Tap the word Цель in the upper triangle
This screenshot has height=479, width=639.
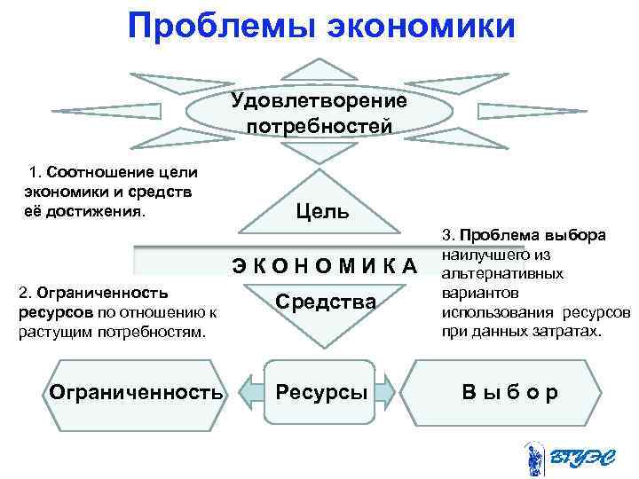pos(321,212)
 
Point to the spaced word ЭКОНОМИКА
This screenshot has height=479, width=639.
pos(324,265)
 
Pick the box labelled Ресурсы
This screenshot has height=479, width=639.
pos(321,391)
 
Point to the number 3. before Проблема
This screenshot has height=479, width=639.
pos(446,237)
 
